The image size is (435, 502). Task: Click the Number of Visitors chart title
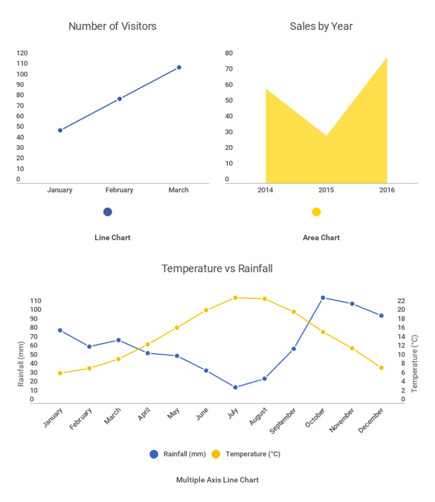(112, 26)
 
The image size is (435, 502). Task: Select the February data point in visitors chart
(119, 99)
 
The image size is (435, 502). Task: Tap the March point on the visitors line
(179, 67)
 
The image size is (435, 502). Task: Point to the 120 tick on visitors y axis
(22, 53)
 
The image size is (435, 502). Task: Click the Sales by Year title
(321, 26)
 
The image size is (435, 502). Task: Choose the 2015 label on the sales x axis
(326, 190)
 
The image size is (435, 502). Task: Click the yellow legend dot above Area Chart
(316, 212)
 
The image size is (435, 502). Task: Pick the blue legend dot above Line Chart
(107, 212)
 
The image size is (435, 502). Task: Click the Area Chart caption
(321, 238)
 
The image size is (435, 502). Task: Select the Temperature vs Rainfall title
(217, 269)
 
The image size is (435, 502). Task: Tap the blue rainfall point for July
(235, 387)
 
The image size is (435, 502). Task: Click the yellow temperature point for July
(235, 297)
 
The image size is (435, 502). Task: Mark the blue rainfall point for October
(323, 297)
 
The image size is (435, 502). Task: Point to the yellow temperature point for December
(381, 368)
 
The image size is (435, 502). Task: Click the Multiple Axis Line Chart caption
(217, 480)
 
